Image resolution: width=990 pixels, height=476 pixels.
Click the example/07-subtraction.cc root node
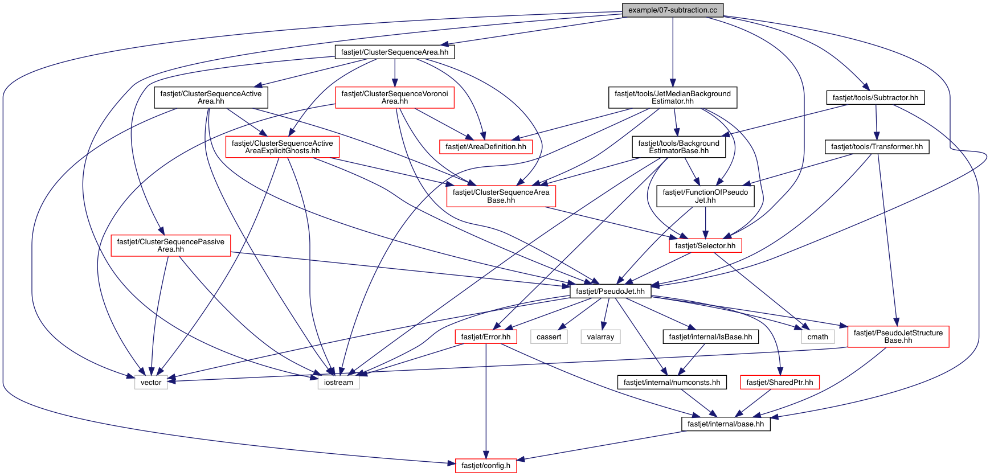coord(673,10)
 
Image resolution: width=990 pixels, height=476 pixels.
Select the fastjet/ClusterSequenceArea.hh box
coord(395,52)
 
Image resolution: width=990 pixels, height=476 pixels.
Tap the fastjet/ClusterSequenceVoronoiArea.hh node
coord(395,97)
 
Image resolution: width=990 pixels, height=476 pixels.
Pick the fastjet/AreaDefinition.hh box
coord(486,147)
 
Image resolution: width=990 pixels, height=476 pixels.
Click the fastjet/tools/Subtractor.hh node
coord(876,97)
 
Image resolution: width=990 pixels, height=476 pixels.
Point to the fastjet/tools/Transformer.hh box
coord(877,147)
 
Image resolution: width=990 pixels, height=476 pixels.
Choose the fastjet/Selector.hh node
coord(705,245)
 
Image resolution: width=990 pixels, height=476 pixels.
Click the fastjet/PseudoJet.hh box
coord(610,291)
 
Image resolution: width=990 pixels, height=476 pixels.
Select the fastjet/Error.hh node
coord(486,337)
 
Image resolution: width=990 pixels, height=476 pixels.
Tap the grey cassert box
coord(549,337)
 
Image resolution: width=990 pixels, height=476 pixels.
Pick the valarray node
coord(600,337)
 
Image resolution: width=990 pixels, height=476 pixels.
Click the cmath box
coord(818,337)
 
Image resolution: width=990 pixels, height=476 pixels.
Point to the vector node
coord(151,382)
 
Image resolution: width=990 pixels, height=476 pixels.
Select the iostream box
coord(338,382)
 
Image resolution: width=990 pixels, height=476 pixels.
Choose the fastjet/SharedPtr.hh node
coord(780,382)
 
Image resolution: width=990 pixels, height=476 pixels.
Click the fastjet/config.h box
coord(486,465)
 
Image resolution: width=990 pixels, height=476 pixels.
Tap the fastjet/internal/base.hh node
coord(726,424)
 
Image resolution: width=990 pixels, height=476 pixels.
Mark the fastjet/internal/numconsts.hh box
coord(672,382)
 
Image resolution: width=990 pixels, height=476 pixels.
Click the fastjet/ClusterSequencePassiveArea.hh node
coord(171,245)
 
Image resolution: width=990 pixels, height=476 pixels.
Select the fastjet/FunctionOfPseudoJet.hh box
coord(705,196)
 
